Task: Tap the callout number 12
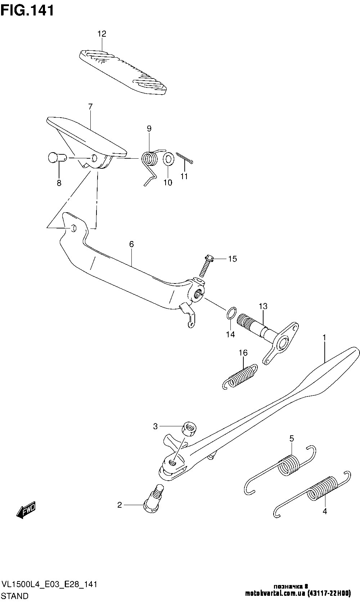[102, 34]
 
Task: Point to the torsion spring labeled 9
[150, 159]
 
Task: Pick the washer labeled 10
[168, 159]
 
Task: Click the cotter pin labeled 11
[185, 158]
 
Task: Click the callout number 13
[263, 307]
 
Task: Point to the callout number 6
[131, 244]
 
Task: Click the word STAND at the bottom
[15, 596]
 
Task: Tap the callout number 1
[324, 338]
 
